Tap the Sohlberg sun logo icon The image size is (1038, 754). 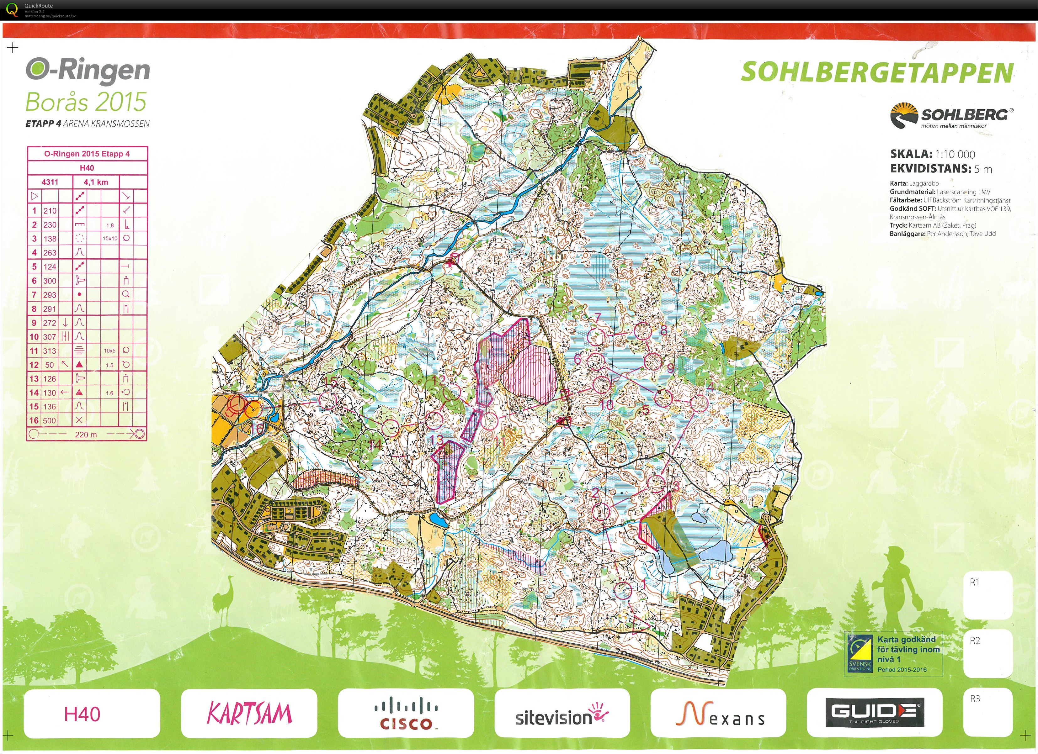904,116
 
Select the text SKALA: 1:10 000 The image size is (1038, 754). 932,154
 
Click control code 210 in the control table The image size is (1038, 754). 50,210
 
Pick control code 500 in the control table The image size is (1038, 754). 50,420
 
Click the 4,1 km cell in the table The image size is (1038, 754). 96,182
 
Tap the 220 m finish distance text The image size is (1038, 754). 86,434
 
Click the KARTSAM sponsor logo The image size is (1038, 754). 249,713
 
